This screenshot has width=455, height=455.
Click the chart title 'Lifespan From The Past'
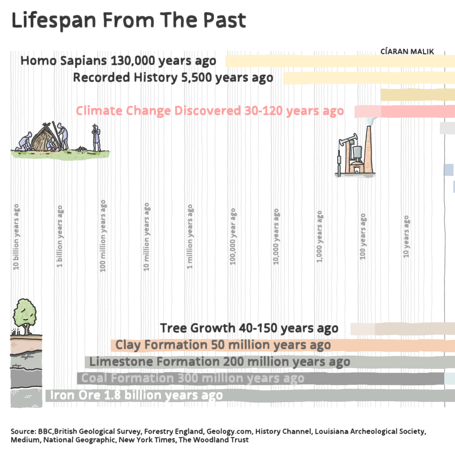tap(128, 20)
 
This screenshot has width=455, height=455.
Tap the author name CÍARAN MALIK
tap(407, 52)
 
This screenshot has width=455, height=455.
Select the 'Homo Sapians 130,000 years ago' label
tap(118, 61)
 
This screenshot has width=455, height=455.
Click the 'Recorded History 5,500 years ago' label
tap(173, 78)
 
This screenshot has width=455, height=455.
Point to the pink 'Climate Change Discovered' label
tap(210, 111)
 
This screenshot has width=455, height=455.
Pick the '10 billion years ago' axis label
tap(16, 237)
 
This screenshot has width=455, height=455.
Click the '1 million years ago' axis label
tap(190, 237)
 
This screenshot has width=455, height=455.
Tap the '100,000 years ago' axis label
tap(233, 237)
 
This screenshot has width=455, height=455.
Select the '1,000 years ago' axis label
tap(320, 237)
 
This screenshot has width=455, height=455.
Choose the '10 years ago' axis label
tap(406, 237)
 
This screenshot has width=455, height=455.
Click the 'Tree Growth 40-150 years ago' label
tap(249, 328)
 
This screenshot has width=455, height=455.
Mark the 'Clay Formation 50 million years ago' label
tap(223, 345)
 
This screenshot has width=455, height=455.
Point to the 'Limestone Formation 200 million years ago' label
tap(220, 362)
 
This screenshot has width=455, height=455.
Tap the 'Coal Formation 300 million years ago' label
tap(193, 379)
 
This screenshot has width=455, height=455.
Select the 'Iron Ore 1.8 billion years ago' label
tap(136, 395)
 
